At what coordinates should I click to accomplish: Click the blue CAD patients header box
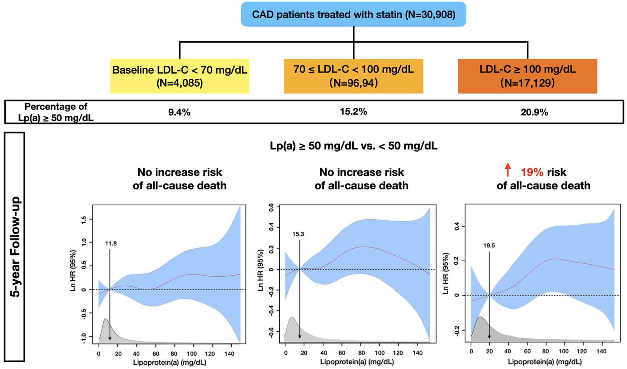point(353,14)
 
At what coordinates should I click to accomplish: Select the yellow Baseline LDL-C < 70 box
point(179,76)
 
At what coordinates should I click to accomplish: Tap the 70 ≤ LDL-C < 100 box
point(353,76)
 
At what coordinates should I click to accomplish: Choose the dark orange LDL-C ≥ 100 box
point(527,76)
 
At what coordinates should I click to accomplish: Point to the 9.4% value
point(179,112)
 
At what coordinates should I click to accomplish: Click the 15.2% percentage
point(353,112)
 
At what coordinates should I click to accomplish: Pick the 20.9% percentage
point(534,112)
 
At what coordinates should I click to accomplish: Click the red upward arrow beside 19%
point(508,170)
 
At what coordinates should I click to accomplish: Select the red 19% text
point(532,172)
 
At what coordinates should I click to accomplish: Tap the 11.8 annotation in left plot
point(111,244)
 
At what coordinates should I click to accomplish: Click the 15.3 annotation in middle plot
point(298,234)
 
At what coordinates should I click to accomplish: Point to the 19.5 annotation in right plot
point(489,246)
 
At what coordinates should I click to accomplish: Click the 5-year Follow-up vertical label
point(15,247)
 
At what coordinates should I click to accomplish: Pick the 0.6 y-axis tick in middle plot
point(272,207)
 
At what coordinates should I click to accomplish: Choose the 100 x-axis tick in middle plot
point(380,353)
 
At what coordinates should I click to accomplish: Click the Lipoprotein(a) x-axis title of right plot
point(545,362)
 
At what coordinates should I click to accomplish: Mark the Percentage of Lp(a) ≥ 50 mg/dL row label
point(56,112)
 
